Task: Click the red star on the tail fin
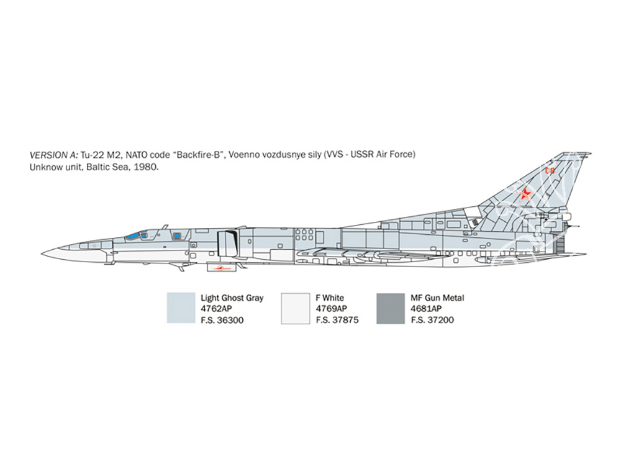[x=525, y=194]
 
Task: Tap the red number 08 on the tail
[x=550, y=171]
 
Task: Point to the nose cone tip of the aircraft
[x=42, y=254]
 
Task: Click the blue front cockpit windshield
[x=132, y=236]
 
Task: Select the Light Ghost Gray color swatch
[x=181, y=308]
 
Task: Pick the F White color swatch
[x=296, y=308]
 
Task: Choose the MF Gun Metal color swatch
[x=391, y=308]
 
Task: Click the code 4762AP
[x=216, y=309]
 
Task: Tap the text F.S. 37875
[x=337, y=320]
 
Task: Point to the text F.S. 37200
[x=432, y=320]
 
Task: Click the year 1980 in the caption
[x=146, y=167]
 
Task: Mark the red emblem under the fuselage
[x=222, y=268]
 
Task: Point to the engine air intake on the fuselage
[x=229, y=243]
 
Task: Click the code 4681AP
[x=426, y=309]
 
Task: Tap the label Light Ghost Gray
[x=232, y=298]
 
